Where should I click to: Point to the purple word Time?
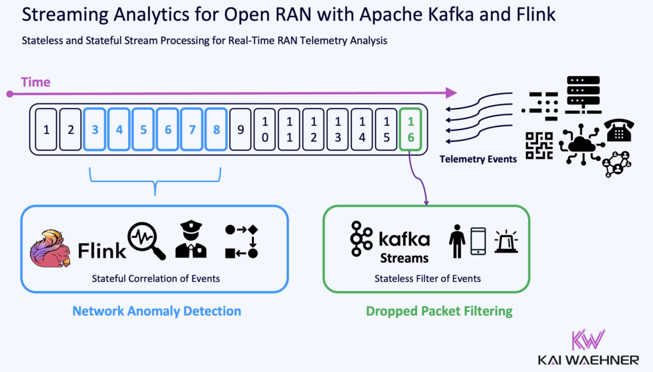(x=36, y=82)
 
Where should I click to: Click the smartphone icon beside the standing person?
(x=478, y=242)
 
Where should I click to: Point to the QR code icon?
(x=539, y=145)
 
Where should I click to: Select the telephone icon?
(x=619, y=130)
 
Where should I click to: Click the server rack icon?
(x=583, y=94)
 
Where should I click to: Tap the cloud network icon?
(x=578, y=145)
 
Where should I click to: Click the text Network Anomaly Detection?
(x=156, y=311)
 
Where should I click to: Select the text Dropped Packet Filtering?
(x=439, y=311)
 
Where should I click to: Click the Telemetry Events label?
(x=478, y=159)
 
